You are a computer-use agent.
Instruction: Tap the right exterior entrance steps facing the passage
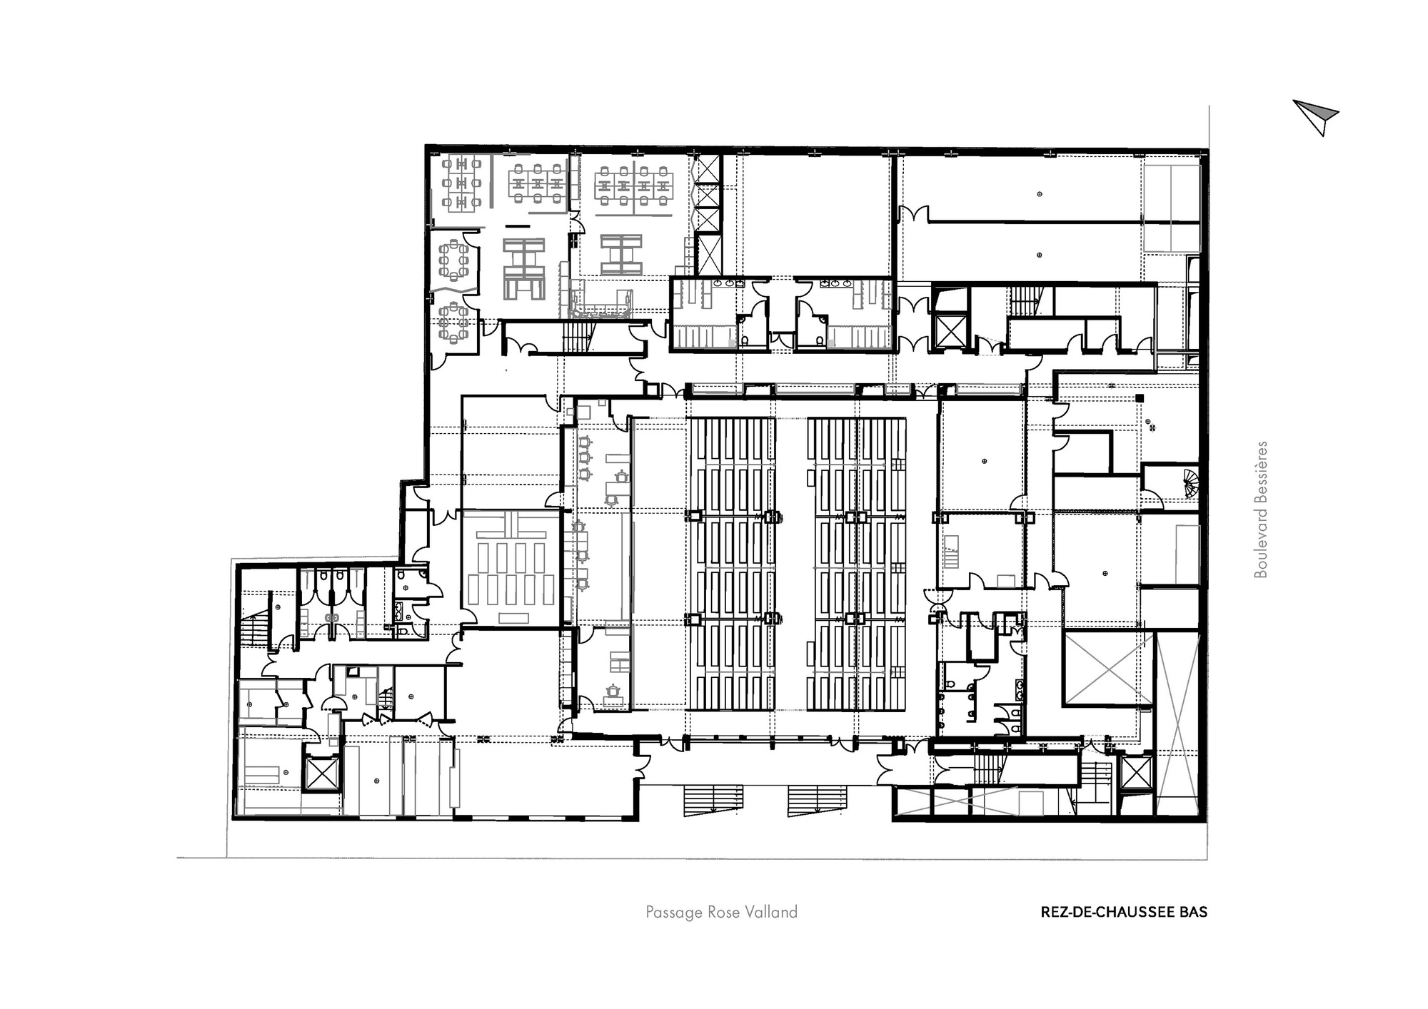[x=818, y=800]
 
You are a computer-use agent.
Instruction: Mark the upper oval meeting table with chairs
[x=453, y=262]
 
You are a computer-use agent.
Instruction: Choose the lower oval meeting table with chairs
[x=453, y=320]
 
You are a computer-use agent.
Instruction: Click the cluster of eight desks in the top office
[x=634, y=182]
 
